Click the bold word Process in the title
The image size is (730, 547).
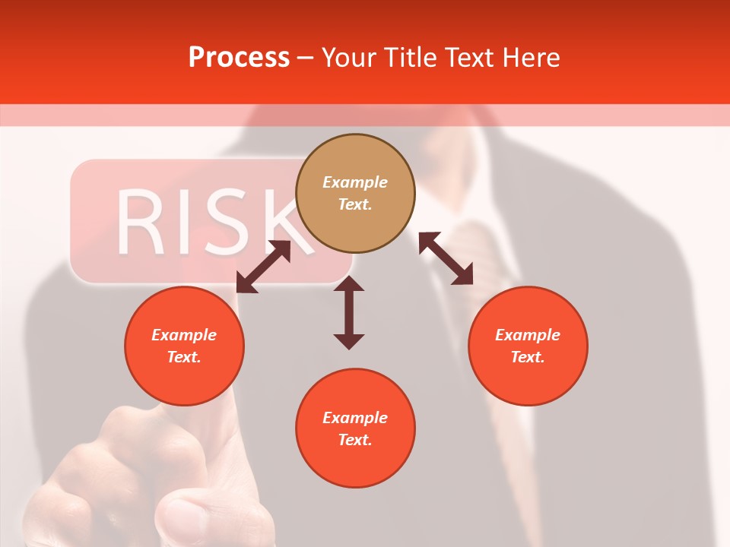click(x=239, y=58)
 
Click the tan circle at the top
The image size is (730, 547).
click(x=355, y=194)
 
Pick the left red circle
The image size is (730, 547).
click(x=184, y=346)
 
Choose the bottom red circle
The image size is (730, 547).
click(x=355, y=428)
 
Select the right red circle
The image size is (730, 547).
click(x=528, y=346)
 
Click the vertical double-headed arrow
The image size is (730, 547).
click(x=349, y=312)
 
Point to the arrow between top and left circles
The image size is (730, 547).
click(x=263, y=267)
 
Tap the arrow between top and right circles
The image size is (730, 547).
click(x=446, y=258)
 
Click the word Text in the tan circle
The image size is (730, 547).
click(x=354, y=205)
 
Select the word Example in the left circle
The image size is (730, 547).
click(x=184, y=335)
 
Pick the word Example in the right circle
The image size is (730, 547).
click(x=528, y=335)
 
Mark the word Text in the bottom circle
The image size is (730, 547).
click(x=354, y=440)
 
